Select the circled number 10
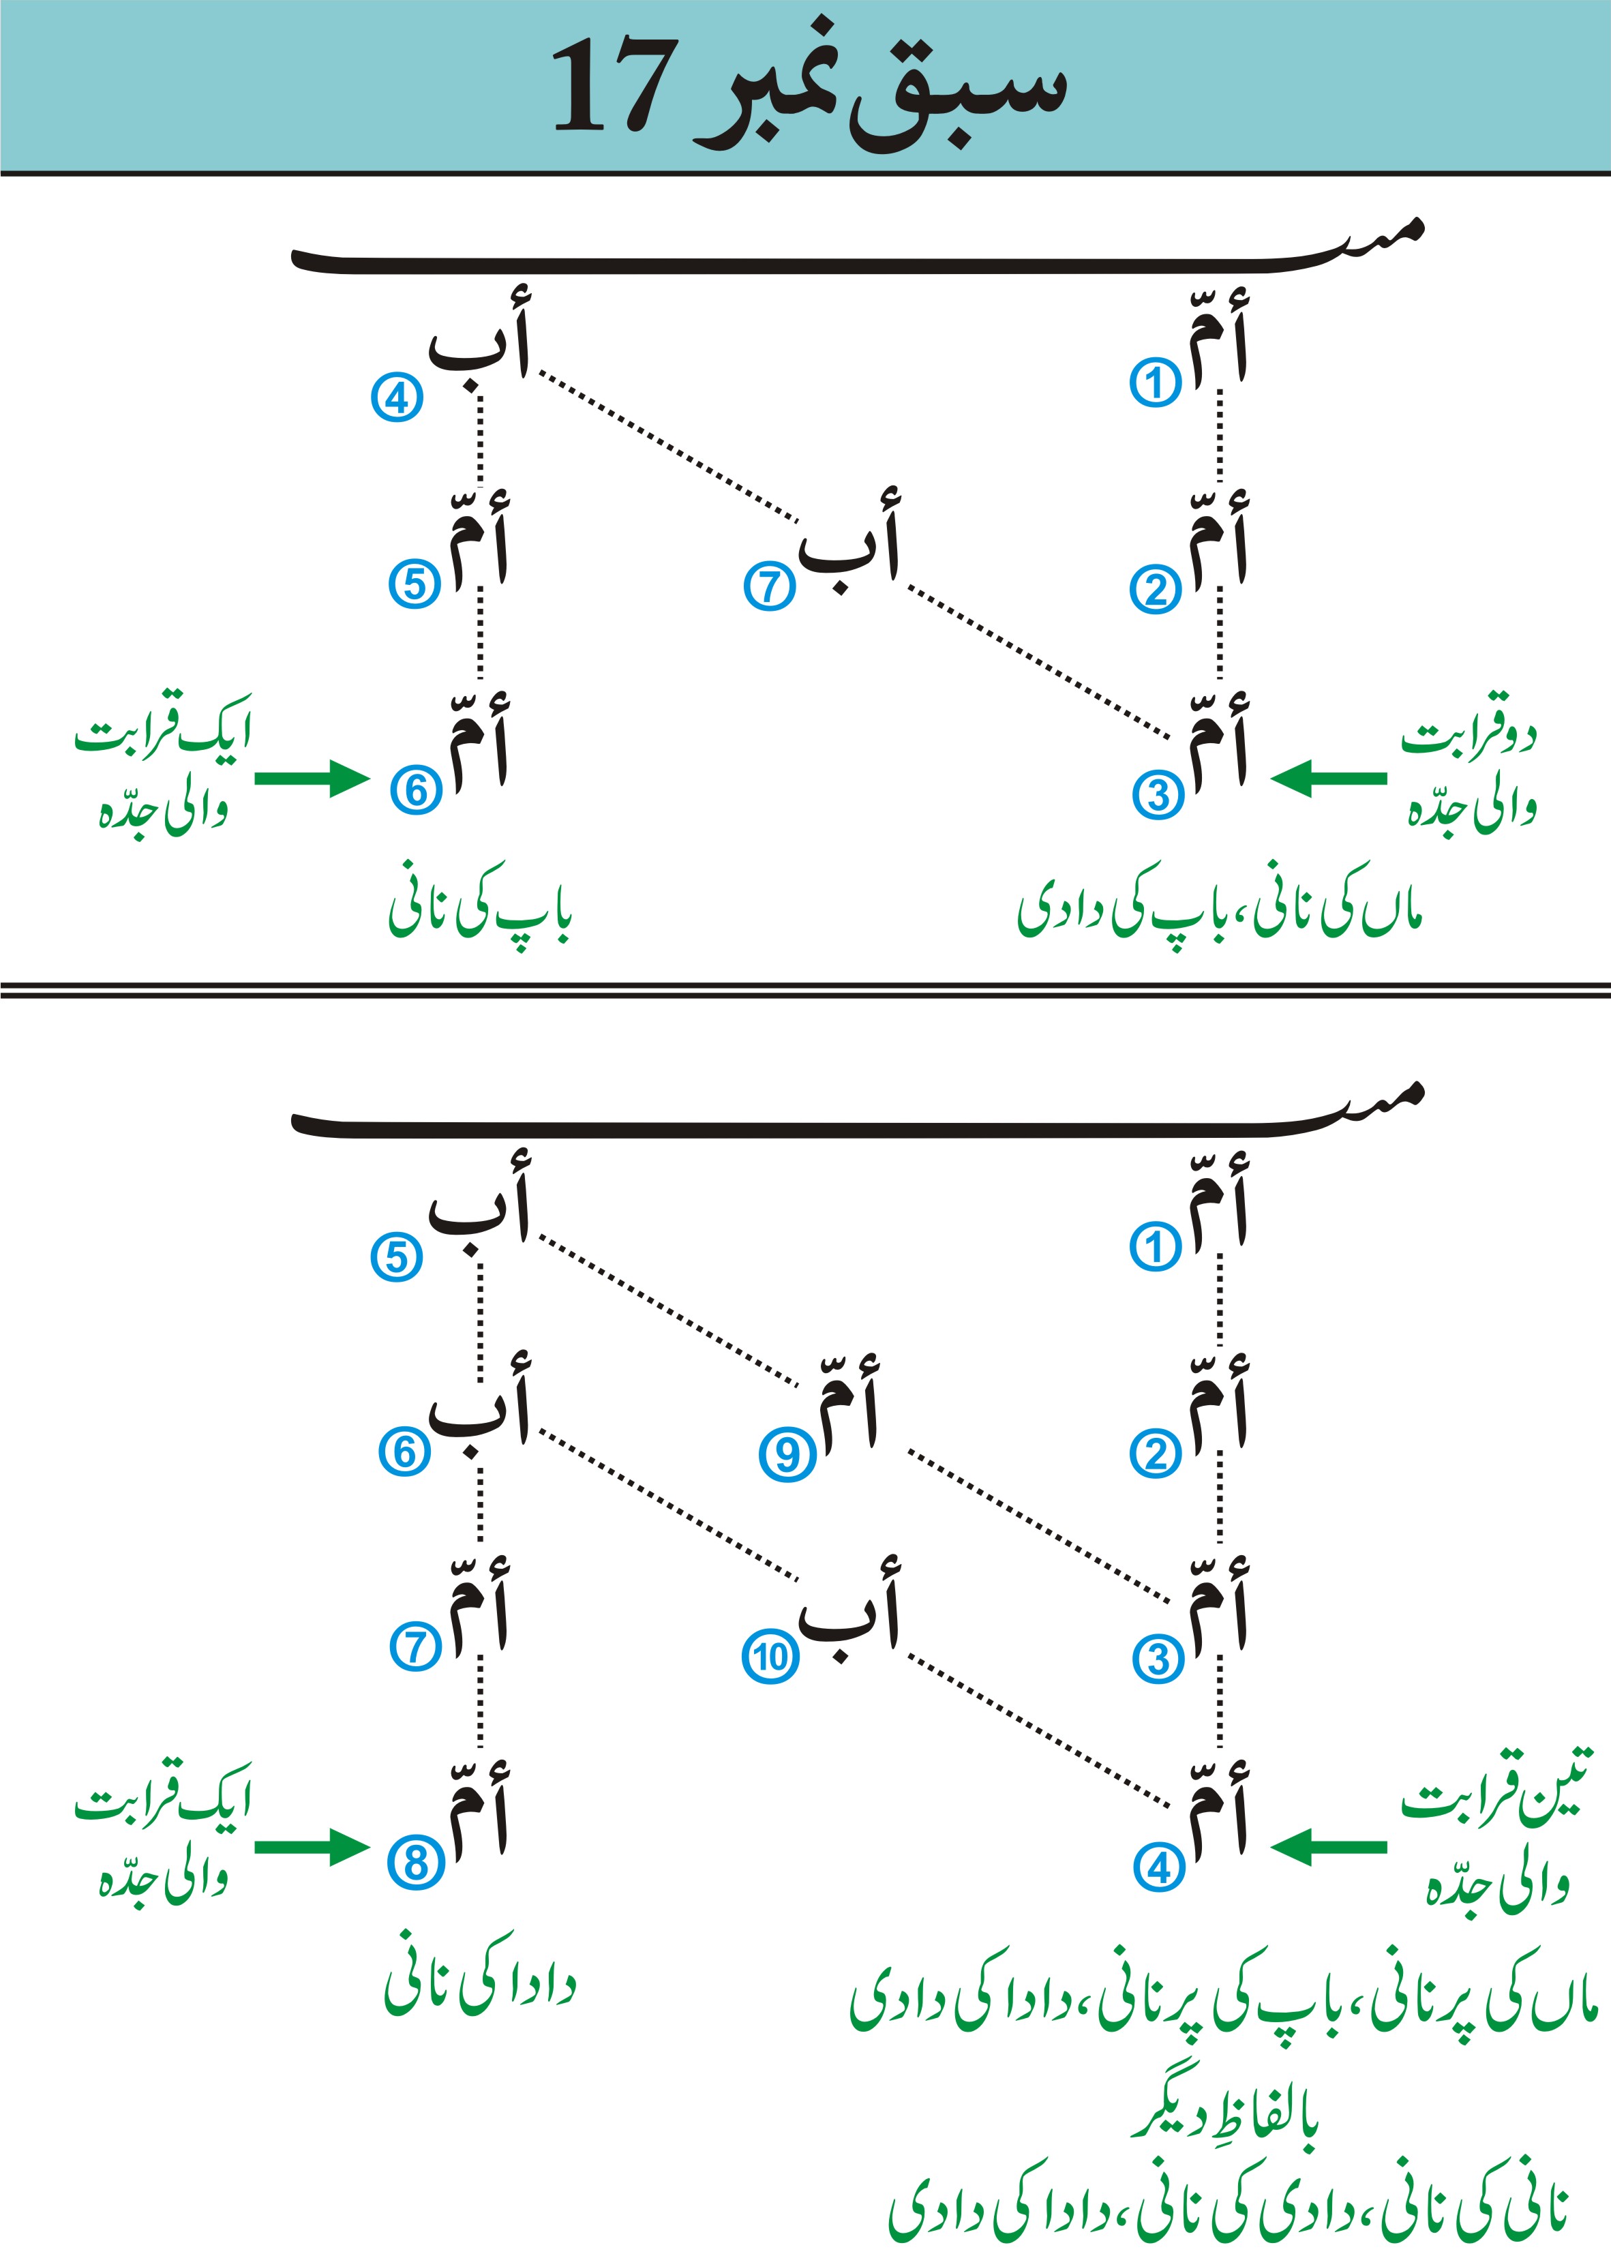point(770,1657)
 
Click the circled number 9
point(787,1454)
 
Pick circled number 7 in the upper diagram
point(770,586)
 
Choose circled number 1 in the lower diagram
point(1155,1247)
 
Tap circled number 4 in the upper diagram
point(397,398)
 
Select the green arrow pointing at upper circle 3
point(1327,779)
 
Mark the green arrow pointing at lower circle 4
point(1327,1847)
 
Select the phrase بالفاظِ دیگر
point(1226,2119)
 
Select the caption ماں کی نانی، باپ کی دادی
point(1220,907)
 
